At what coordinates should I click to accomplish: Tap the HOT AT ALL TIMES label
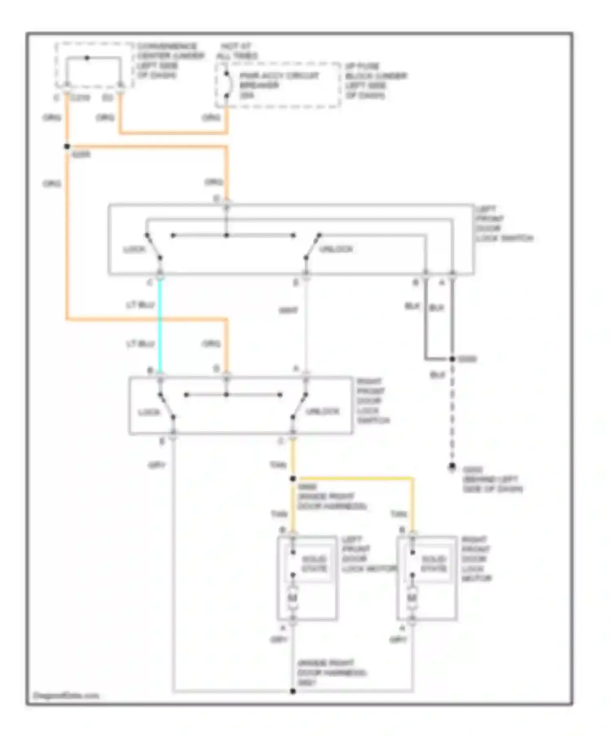pyautogui.click(x=237, y=51)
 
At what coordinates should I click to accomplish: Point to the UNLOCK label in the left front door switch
pyautogui.click(x=336, y=249)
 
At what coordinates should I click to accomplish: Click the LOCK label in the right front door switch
pyautogui.click(x=149, y=413)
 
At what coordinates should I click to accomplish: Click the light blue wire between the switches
pyautogui.click(x=160, y=325)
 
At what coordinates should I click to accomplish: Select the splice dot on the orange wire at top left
pyautogui.click(x=67, y=146)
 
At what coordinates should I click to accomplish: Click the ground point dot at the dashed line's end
pyautogui.click(x=452, y=467)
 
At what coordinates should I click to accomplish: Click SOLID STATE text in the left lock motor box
pyautogui.click(x=314, y=563)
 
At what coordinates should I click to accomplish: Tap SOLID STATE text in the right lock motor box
pyautogui.click(x=434, y=563)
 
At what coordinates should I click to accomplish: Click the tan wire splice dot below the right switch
pyautogui.click(x=293, y=479)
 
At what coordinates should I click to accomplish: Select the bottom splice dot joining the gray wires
pyautogui.click(x=293, y=691)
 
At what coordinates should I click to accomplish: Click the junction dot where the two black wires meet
pyautogui.click(x=452, y=359)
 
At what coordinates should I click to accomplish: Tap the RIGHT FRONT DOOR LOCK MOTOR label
pyautogui.click(x=476, y=559)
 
